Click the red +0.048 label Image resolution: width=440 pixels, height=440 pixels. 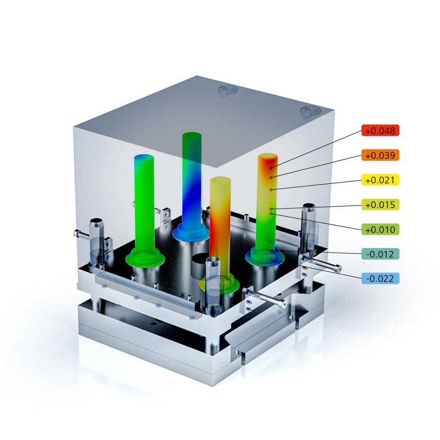(x=380, y=131)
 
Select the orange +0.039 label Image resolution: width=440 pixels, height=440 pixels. (x=380, y=155)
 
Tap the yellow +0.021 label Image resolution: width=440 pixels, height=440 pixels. (x=380, y=180)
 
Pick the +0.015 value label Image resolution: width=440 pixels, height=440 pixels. (x=380, y=205)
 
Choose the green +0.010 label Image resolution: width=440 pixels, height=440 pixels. (x=380, y=229)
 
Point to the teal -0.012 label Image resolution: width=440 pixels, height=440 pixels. (x=380, y=254)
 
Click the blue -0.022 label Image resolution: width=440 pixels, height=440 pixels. (x=380, y=278)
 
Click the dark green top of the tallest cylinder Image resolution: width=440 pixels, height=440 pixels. (x=192, y=136)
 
